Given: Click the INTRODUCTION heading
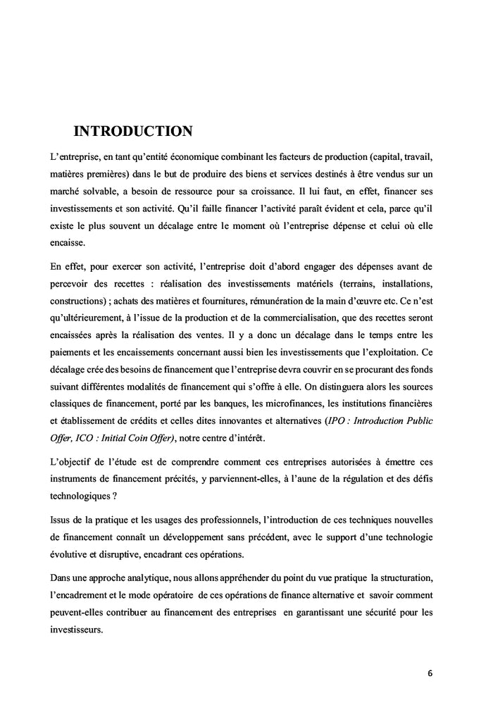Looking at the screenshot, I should (133, 131).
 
